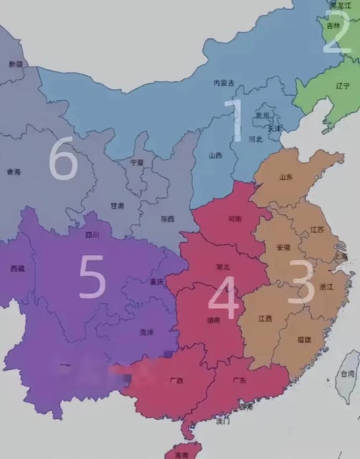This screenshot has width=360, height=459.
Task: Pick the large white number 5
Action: [91, 278]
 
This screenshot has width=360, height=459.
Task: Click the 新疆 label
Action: [16, 65]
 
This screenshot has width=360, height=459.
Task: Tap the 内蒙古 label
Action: [224, 83]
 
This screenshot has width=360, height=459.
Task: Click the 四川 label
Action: [91, 234]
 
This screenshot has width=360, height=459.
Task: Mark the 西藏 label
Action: [18, 268]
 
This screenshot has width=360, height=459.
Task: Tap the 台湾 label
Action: [347, 374]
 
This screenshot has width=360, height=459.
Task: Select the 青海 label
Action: [14, 172]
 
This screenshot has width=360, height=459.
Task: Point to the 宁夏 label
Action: [136, 163]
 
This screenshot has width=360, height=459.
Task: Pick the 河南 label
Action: [232, 217]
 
